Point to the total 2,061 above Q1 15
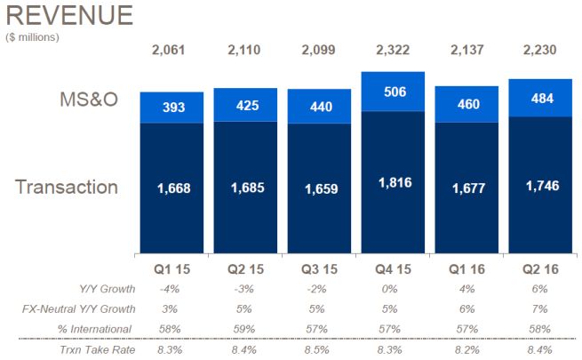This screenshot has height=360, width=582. click(x=171, y=49)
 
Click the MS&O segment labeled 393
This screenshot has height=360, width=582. click(x=171, y=108)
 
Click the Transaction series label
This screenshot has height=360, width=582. click(x=67, y=187)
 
